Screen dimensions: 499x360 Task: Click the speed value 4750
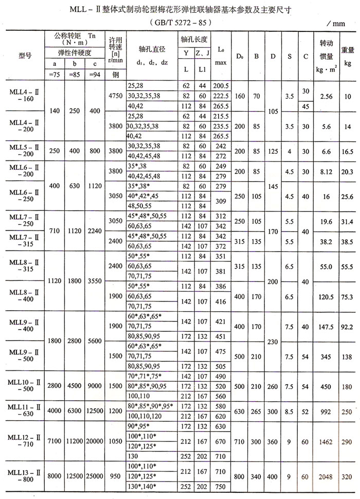coord(115,95)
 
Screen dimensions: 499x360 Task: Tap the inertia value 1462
coord(326,442)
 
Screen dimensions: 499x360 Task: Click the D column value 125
coord(273,151)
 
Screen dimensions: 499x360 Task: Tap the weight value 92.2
coord(348,326)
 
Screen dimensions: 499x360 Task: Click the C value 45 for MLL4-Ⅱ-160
coord(305,106)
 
